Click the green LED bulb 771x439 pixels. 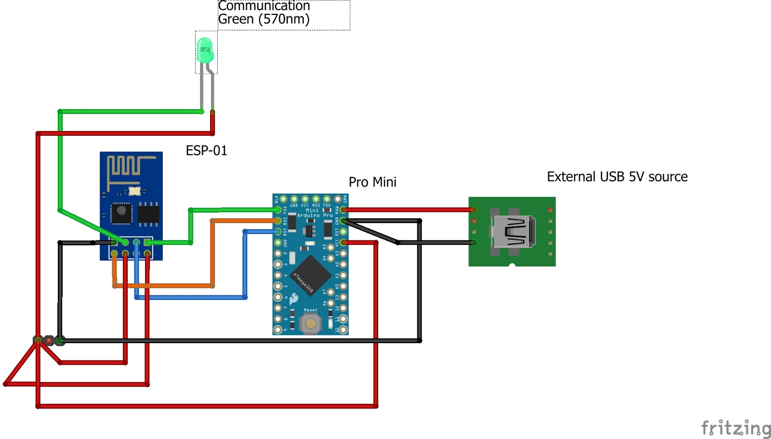pyautogui.click(x=205, y=50)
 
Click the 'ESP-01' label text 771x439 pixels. pyautogui.click(x=206, y=151)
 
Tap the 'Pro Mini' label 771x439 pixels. pyautogui.click(x=372, y=182)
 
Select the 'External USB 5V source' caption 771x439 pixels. pyautogui.click(x=617, y=177)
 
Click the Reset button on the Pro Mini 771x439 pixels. pyautogui.click(x=311, y=323)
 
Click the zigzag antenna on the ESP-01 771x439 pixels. pyautogui.click(x=124, y=166)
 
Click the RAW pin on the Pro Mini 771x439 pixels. pyautogui.click(x=343, y=210)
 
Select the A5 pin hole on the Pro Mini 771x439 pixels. pyautogui.click(x=331, y=248)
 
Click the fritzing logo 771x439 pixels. pyautogui.click(x=735, y=427)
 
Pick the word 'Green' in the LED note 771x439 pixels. pyautogui.click(x=236, y=19)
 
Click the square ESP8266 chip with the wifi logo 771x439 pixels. pyautogui.click(x=121, y=212)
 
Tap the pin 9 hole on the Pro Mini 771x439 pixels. pyautogui.click(x=278, y=330)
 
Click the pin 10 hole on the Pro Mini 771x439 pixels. pyautogui.click(x=343, y=330)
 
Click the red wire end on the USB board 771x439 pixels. pyautogui.click(x=473, y=210)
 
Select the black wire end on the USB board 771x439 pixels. pyautogui.click(x=473, y=242)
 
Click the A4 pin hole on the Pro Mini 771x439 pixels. pyautogui.click(x=331, y=259)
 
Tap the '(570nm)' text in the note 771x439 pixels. pyautogui.click(x=284, y=19)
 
